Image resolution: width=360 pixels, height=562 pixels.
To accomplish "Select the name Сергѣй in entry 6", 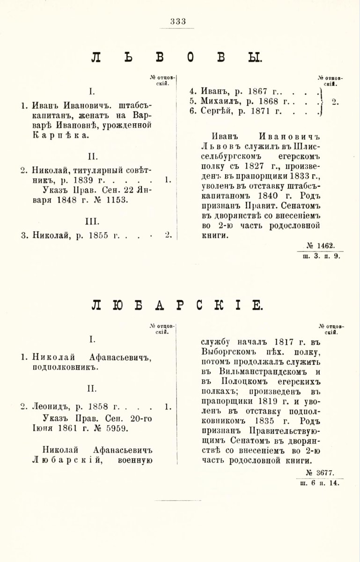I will tap(217, 112).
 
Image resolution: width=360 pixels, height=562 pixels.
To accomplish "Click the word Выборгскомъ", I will tap(222, 351).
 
